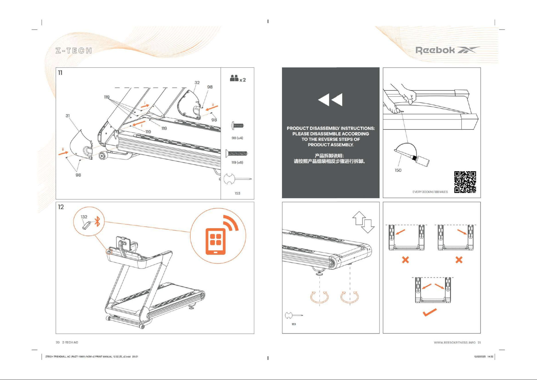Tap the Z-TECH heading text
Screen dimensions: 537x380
(74, 51)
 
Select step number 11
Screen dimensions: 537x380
(60, 73)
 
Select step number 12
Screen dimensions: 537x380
(61, 207)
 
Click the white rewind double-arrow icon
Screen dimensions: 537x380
(330, 100)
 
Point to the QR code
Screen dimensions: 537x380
(465, 182)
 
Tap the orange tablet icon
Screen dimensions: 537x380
(215, 241)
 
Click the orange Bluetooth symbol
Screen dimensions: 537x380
(98, 221)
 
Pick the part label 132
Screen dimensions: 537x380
(84, 217)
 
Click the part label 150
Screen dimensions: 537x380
(398, 170)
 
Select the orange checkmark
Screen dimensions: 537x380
(430, 312)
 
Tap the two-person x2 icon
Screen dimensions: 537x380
(238, 78)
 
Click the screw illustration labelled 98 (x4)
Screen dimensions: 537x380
(238, 126)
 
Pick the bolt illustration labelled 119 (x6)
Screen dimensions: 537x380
(237, 154)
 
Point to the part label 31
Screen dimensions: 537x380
(68, 116)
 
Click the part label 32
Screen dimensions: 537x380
(197, 83)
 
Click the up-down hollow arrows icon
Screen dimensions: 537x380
(363, 222)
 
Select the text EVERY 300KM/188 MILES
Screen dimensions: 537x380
(430, 192)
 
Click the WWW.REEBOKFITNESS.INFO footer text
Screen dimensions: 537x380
(455, 342)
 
